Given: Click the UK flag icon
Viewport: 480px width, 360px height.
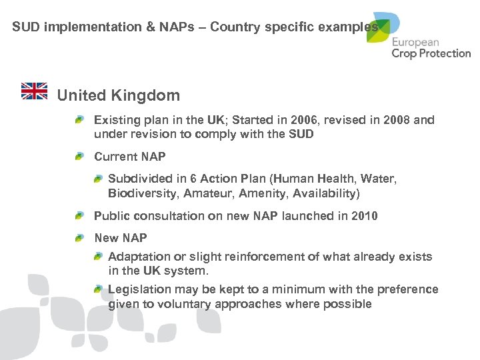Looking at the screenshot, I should [35, 91].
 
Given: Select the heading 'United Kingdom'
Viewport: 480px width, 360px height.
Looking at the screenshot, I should [119, 95].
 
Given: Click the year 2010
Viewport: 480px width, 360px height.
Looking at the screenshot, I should [364, 216].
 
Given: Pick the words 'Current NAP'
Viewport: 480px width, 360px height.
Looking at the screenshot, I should [129, 157].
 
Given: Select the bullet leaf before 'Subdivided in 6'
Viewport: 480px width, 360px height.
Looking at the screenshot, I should [98, 179].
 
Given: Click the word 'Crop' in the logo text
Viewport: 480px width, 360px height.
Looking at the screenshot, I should [405, 53].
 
